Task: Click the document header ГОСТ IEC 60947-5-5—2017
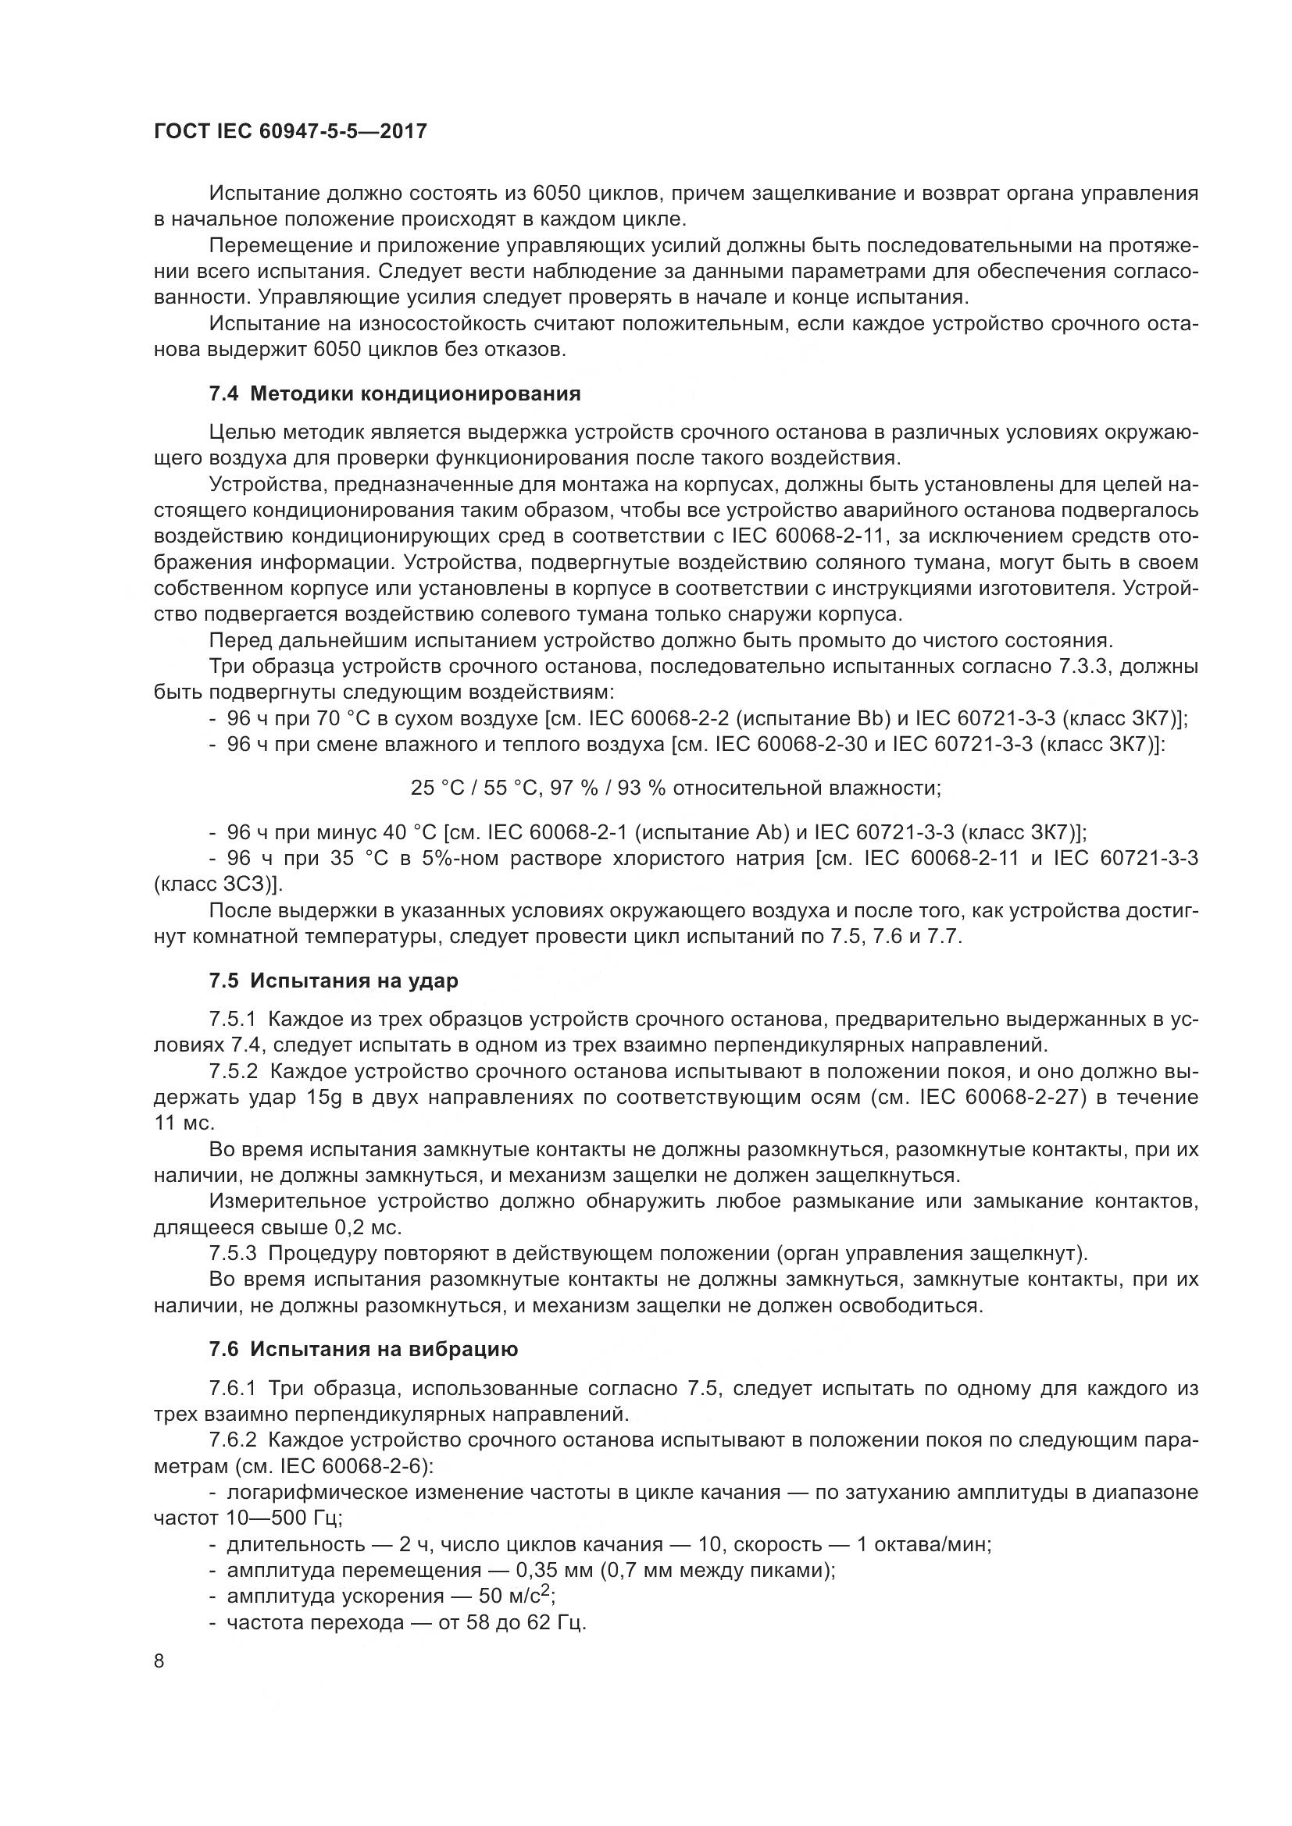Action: pos(291,130)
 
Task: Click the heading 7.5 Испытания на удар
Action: pos(334,981)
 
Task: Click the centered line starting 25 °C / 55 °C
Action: pos(676,788)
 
